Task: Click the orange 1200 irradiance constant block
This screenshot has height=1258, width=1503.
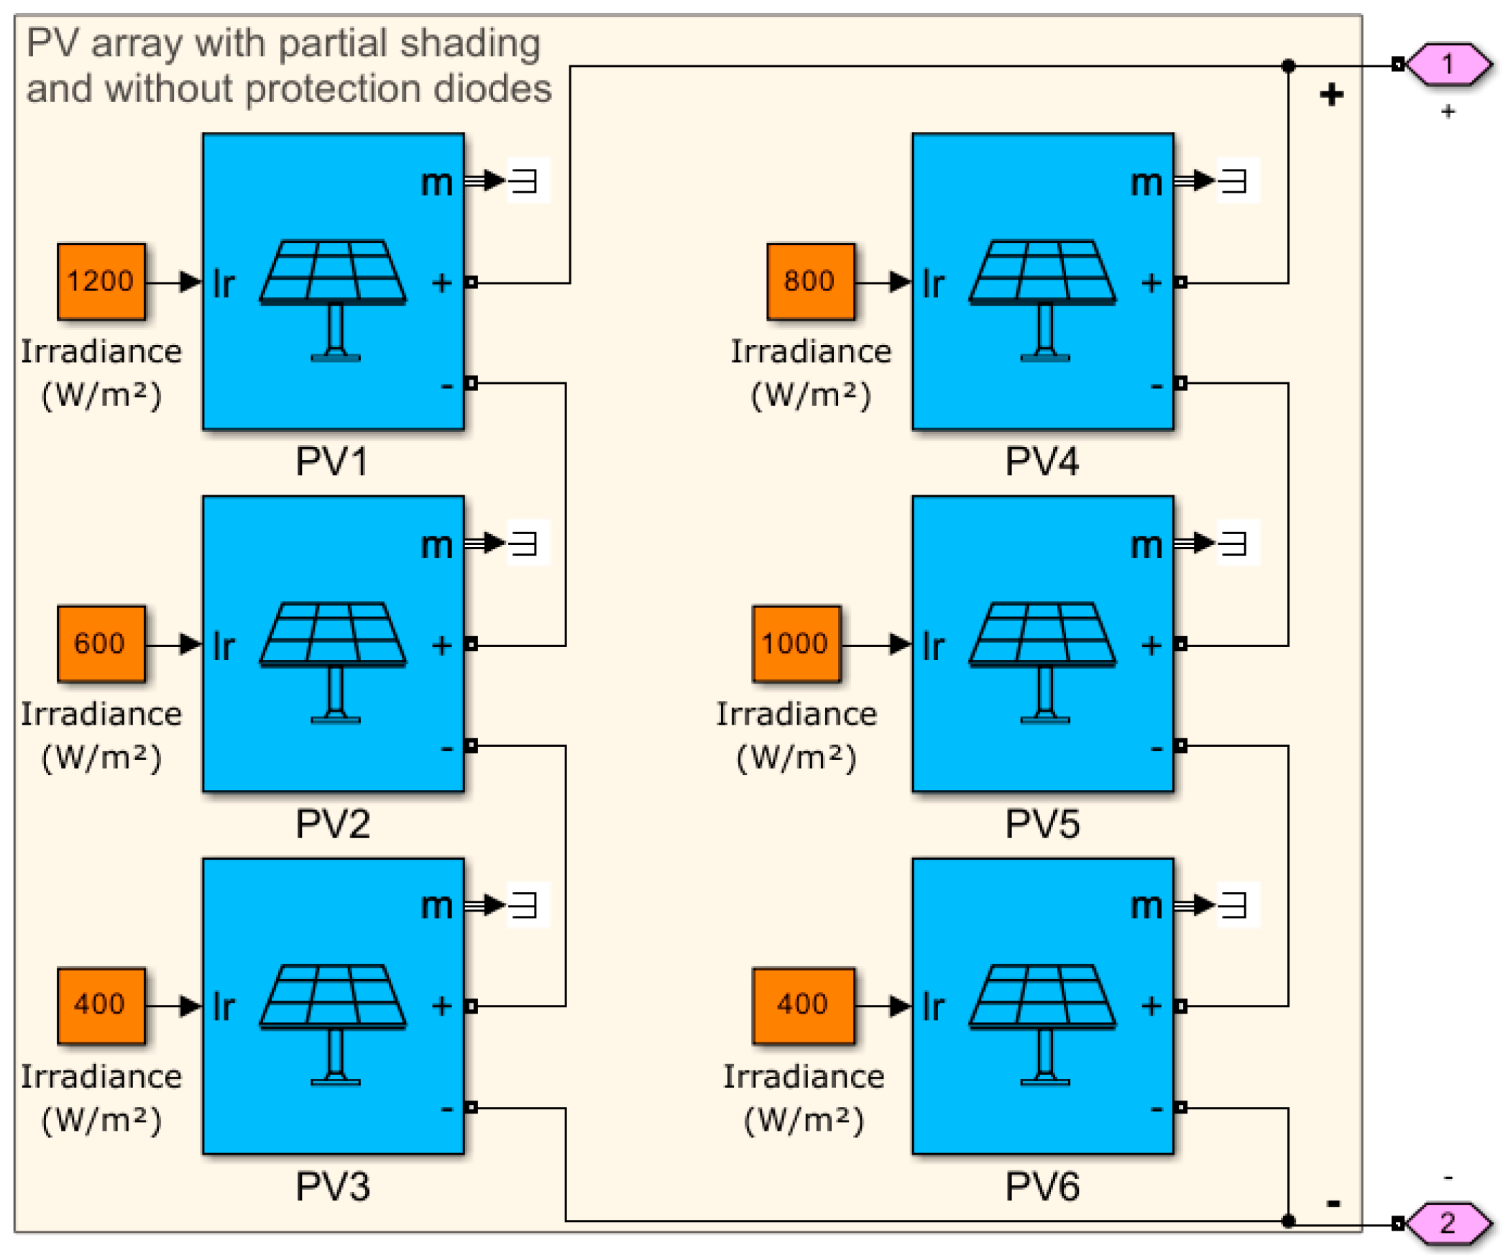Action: [x=101, y=281]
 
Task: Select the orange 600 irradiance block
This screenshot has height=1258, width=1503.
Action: [x=101, y=643]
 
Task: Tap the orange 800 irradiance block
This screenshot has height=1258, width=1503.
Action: [x=810, y=281]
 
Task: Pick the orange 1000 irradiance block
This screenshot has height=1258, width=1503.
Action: [x=796, y=643]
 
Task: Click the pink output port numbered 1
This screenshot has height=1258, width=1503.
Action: [x=1447, y=65]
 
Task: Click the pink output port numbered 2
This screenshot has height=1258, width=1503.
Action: [x=1447, y=1223]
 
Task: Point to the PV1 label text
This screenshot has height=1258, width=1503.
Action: [x=331, y=462]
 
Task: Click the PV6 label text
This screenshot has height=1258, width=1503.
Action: [x=1042, y=1187]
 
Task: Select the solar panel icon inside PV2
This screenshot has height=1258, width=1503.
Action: [x=333, y=661]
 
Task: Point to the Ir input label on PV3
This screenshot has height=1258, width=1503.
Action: [x=224, y=1006]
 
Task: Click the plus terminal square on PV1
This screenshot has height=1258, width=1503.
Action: [x=471, y=283]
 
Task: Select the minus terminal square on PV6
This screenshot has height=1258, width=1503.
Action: [x=1180, y=1107]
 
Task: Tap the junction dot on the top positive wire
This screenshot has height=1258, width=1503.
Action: [x=1288, y=66]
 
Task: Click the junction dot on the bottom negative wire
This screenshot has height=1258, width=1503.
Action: [x=1288, y=1221]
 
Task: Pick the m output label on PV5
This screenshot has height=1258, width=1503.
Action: [x=1146, y=545]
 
